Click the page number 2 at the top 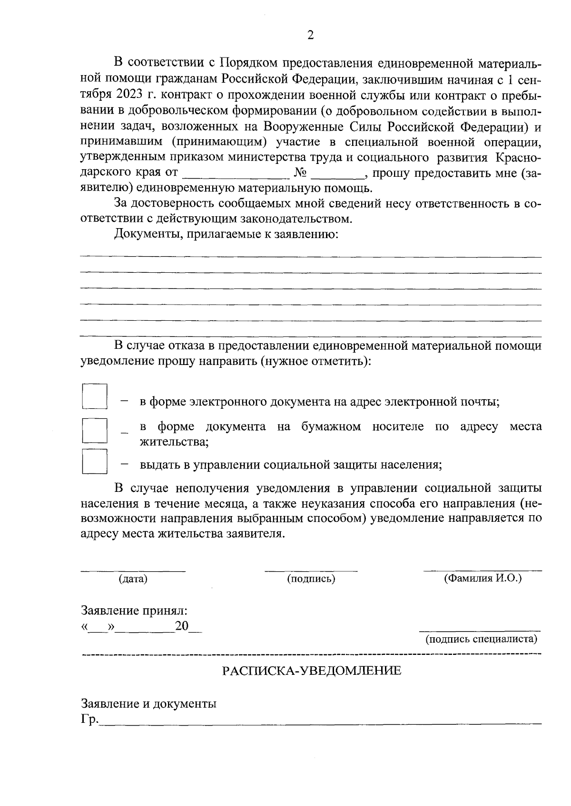(x=311, y=36)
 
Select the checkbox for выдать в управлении (x=94, y=461)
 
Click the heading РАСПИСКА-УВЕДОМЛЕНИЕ (x=312, y=671)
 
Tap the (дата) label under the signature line (x=133, y=579)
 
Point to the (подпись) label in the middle (x=311, y=579)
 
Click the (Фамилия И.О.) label (x=482, y=578)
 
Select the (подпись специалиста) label (x=481, y=639)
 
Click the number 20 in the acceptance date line (x=181, y=626)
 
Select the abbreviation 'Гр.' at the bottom (x=89, y=720)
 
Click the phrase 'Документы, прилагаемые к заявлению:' (x=226, y=234)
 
